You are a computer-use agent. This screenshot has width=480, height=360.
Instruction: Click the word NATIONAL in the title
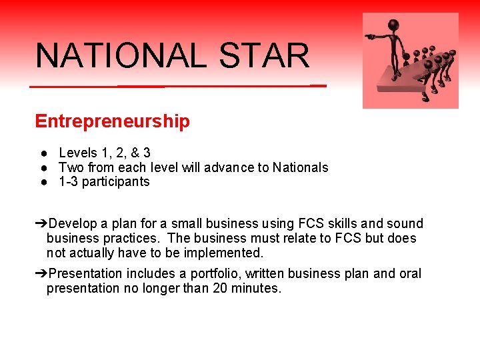pyautogui.click(x=121, y=55)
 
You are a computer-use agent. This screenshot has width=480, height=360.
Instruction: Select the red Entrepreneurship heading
pyautogui.click(x=112, y=121)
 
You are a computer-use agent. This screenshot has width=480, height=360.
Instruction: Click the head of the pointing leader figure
pyautogui.click(x=394, y=25)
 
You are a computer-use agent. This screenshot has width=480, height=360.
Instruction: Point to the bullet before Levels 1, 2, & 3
pyautogui.click(x=41, y=153)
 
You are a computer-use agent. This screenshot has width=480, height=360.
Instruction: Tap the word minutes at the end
pyautogui.click(x=256, y=289)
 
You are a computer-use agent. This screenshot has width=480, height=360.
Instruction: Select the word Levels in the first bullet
pyautogui.click(x=77, y=153)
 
